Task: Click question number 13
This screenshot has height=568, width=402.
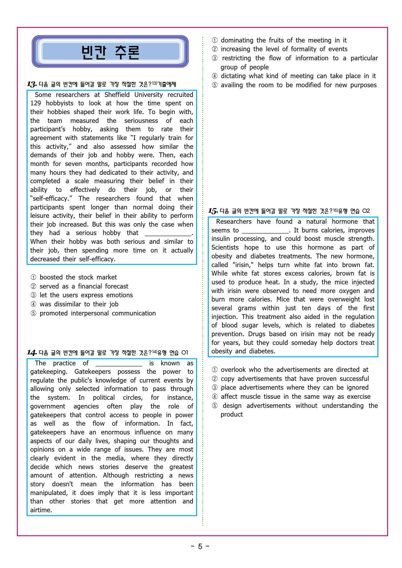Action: click(32, 85)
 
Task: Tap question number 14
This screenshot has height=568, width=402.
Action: click(32, 353)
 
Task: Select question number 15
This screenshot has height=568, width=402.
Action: click(213, 211)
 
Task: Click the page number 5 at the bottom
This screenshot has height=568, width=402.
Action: click(200, 547)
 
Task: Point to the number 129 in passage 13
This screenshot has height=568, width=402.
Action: click(36, 103)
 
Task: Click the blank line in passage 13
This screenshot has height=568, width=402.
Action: click(168, 233)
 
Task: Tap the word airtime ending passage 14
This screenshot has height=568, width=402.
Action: click(41, 510)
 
